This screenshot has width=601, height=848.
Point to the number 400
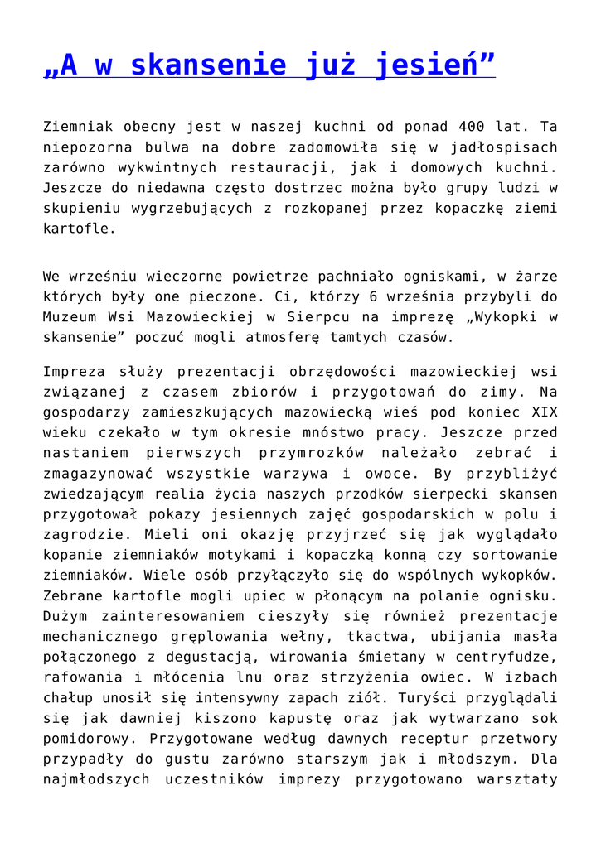(473, 128)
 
